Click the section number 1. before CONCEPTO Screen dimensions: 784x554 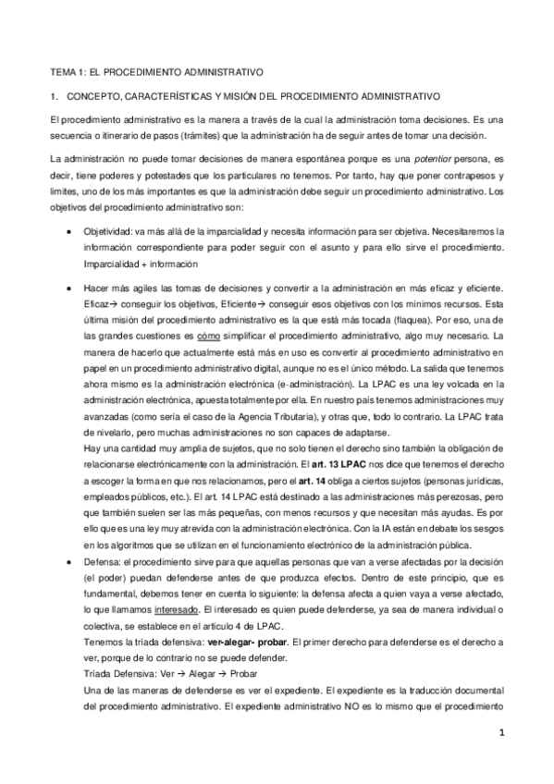pyautogui.click(x=55, y=96)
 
